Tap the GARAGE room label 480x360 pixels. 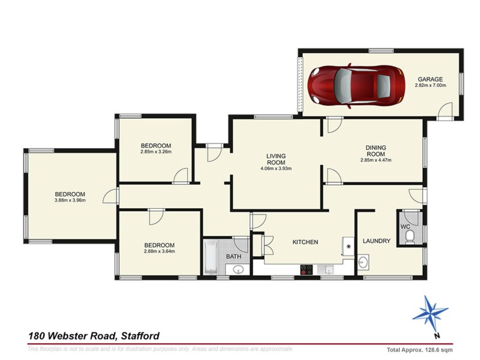coord(430,79)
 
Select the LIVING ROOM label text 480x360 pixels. coord(276,160)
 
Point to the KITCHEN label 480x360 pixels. coord(304,242)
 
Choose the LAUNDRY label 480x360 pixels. coord(377,241)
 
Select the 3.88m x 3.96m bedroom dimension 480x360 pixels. coord(70,200)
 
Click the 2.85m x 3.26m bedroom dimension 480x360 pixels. coord(156,152)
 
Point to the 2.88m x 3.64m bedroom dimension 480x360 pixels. coord(159,251)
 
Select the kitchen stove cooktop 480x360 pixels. coord(306,270)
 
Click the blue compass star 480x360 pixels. coord(430,313)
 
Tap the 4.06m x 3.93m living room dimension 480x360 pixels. coord(276,169)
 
